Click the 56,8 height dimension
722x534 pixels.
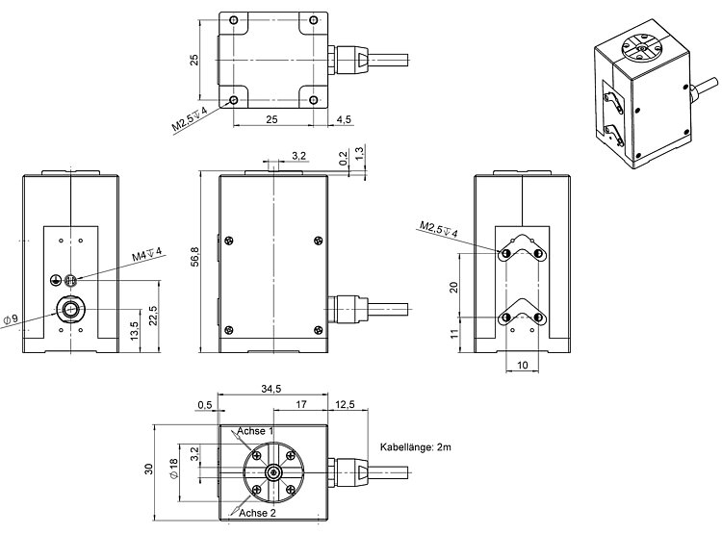193,262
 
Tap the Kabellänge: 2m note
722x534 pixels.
416,447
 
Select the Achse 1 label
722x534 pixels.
256,431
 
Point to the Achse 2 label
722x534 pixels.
258,514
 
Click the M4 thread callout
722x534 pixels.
147,257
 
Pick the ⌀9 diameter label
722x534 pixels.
12,318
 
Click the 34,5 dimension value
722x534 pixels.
271,389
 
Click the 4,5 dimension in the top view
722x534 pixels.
344,118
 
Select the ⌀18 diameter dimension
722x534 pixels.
174,469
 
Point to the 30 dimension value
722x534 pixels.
148,469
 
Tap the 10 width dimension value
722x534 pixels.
522,366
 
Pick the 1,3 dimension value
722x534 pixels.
358,155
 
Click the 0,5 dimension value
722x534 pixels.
204,404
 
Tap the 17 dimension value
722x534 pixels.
301,404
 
